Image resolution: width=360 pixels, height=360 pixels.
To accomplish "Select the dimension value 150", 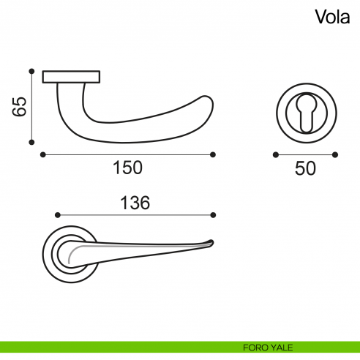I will click(x=127, y=168).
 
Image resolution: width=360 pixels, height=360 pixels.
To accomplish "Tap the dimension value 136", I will click(x=135, y=203).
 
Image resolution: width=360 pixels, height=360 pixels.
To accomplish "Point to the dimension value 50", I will click(x=305, y=168).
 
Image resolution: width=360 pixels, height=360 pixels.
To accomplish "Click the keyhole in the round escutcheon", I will click(x=305, y=110).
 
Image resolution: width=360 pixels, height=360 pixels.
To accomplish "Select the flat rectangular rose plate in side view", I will click(x=72, y=76).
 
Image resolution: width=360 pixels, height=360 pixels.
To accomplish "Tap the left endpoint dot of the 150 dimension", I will click(x=43, y=154).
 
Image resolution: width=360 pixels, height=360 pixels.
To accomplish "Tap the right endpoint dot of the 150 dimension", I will click(x=213, y=154).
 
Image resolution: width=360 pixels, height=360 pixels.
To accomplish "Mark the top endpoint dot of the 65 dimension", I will click(x=31, y=71).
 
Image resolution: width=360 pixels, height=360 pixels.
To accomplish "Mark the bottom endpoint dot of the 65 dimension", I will click(x=31, y=143).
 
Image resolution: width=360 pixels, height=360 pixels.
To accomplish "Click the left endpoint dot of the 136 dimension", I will click(x=57, y=215).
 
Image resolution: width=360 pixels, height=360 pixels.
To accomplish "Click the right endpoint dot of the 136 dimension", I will click(x=213, y=215).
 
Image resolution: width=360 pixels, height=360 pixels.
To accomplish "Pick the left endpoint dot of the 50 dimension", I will click(x=275, y=154).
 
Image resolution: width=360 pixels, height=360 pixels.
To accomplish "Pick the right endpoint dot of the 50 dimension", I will click(x=335, y=154).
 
